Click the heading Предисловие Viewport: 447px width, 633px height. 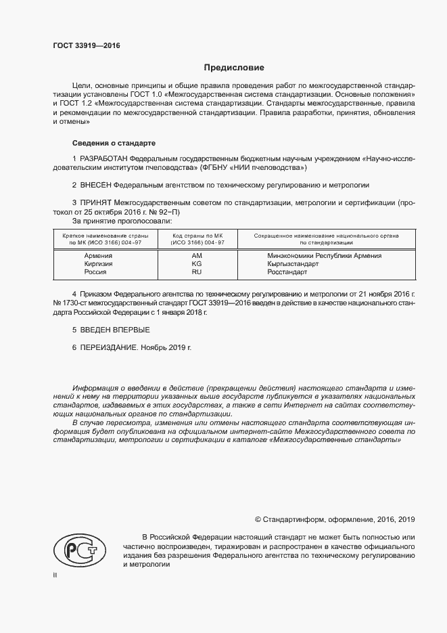[234, 68]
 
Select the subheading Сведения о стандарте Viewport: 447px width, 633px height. [114, 144]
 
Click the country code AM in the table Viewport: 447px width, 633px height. [197, 255]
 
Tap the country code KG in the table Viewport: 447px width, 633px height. [197, 263]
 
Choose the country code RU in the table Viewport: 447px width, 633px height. [197, 271]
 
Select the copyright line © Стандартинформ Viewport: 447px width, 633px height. [334, 519]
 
